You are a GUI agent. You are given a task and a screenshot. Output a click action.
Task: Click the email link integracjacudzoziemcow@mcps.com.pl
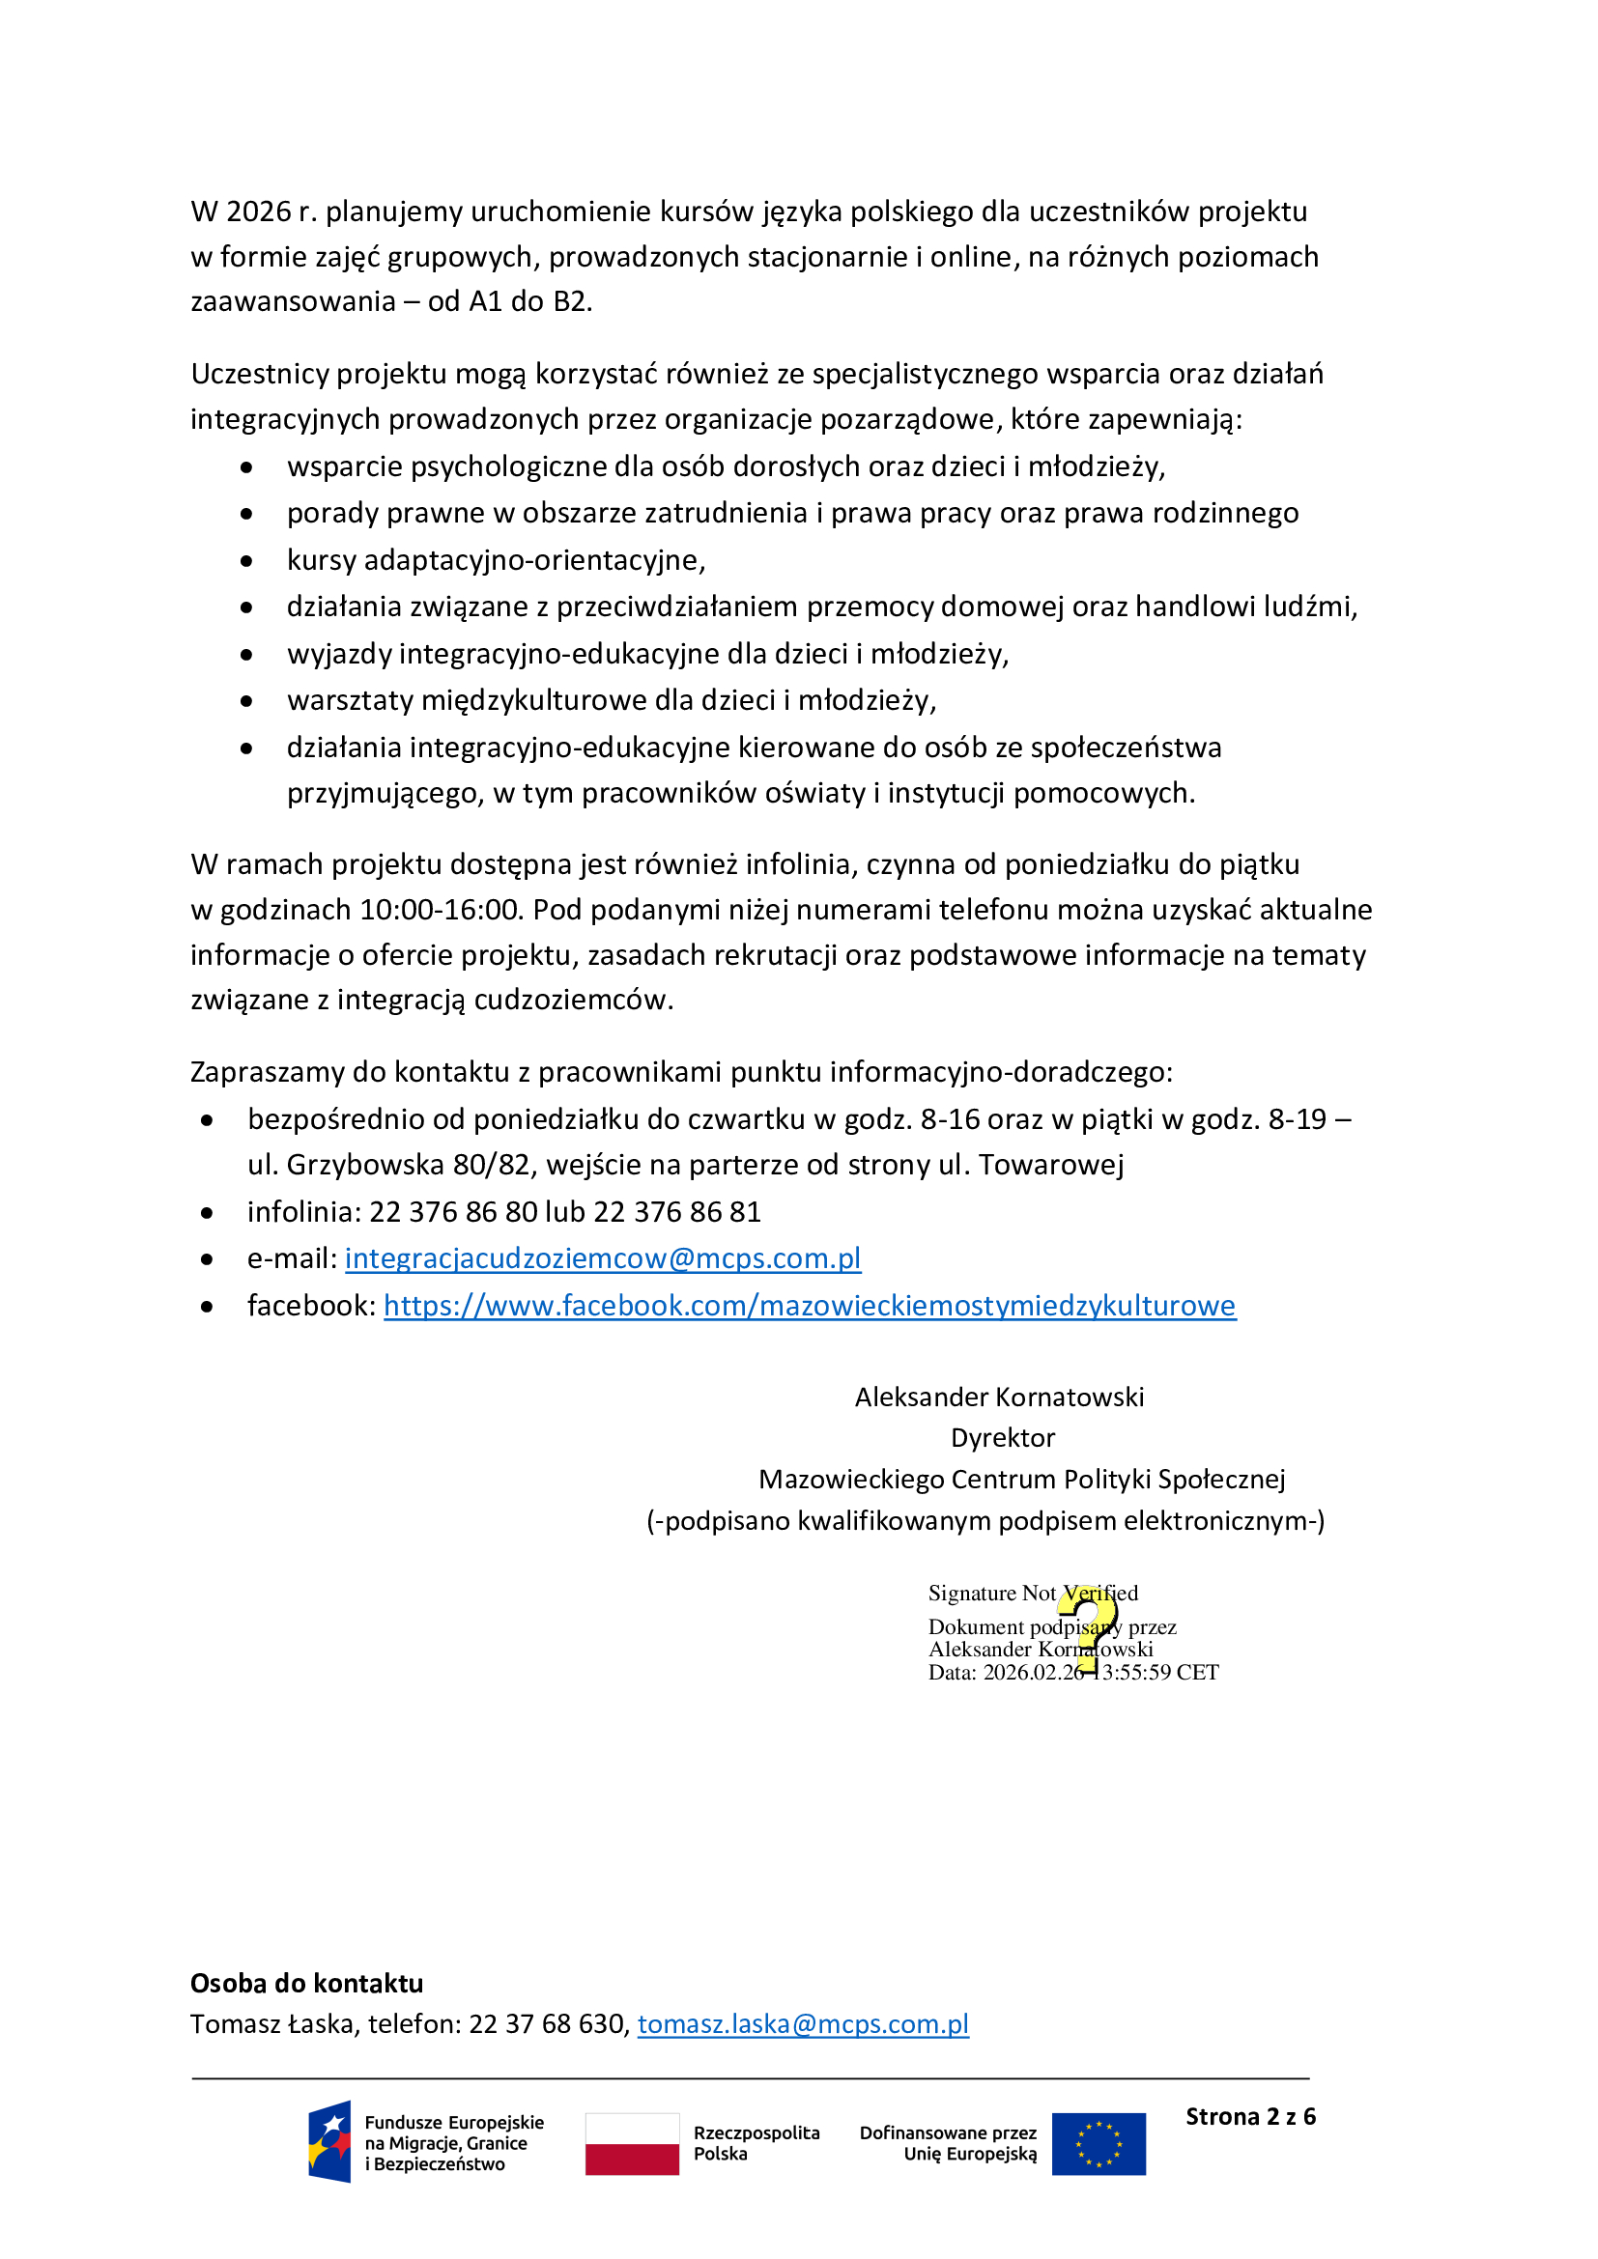tap(602, 1258)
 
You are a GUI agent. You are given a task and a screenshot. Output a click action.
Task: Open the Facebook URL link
tap(809, 1306)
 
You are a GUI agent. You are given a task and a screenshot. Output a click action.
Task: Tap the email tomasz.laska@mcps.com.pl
tap(803, 2024)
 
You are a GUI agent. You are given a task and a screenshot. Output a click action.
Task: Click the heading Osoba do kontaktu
tap(306, 1983)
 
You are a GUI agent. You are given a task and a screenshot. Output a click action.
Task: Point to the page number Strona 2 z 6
tap(1249, 2116)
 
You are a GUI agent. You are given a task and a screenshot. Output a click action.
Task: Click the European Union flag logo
tap(1099, 2144)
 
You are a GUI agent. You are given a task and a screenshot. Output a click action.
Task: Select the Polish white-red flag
tap(632, 2144)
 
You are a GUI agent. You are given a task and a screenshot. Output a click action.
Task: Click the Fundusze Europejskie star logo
tap(329, 2142)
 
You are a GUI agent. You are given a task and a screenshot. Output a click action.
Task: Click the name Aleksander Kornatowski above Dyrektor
tap(999, 1398)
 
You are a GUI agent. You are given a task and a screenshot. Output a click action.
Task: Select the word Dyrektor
tap(1002, 1438)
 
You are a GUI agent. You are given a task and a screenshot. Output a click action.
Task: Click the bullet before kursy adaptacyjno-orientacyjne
tap(246, 561)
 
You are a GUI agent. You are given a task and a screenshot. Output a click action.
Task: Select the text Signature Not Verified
tap(1032, 1593)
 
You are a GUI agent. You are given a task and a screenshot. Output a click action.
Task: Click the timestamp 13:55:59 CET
tap(1158, 1673)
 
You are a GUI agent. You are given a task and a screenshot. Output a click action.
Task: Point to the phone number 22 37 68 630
tap(546, 2024)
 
